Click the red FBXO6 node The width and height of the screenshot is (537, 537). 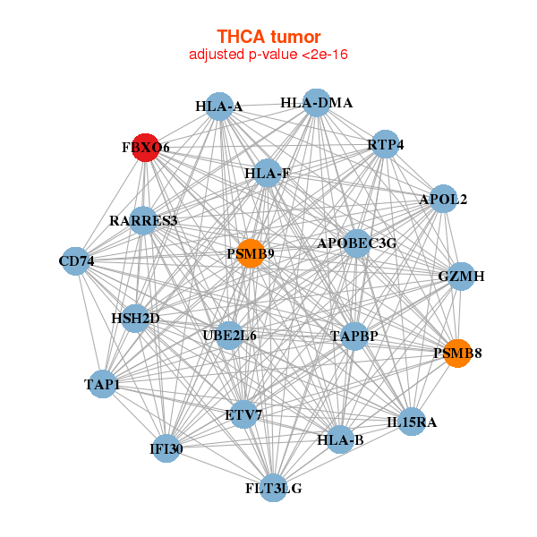pyautogui.click(x=146, y=148)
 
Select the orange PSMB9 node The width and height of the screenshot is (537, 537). pyautogui.click(x=251, y=253)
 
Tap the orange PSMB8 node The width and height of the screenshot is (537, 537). pyautogui.click(x=457, y=353)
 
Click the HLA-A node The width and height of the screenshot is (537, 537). pyautogui.click(x=218, y=107)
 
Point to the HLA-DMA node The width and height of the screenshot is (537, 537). pyautogui.click(x=315, y=103)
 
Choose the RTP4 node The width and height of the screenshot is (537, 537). pyautogui.click(x=385, y=145)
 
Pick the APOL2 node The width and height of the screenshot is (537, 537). pyautogui.click(x=443, y=200)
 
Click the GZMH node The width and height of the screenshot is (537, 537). pyautogui.click(x=461, y=277)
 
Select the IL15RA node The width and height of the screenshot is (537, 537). pyautogui.click(x=412, y=422)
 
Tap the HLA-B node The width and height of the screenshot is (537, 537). pyautogui.click(x=340, y=439)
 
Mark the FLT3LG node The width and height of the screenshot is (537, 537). pyautogui.click(x=274, y=488)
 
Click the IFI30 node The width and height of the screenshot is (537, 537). pyautogui.click(x=166, y=448)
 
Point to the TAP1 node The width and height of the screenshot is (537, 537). pyautogui.click(x=102, y=385)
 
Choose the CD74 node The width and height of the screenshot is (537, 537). pyautogui.click(x=76, y=262)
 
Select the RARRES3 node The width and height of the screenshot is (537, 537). pyautogui.click(x=144, y=220)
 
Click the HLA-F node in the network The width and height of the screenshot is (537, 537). pyautogui.click(x=267, y=173)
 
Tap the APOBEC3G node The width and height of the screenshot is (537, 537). pyautogui.click(x=356, y=243)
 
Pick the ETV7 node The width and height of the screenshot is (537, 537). pyautogui.click(x=243, y=415)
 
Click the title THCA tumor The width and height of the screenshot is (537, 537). pyautogui.click(x=268, y=37)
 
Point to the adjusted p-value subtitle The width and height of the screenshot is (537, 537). pyautogui.click(x=268, y=55)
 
